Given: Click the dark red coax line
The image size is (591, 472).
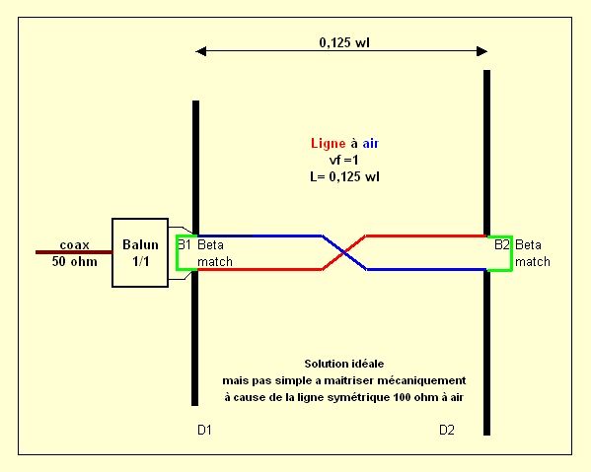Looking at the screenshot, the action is (74, 252).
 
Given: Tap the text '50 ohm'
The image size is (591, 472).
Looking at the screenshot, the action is (75, 261).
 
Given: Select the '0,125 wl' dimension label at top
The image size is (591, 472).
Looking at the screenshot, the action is (344, 42).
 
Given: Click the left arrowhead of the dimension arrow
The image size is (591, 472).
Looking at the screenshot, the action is (201, 51).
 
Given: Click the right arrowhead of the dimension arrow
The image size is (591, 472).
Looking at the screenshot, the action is (482, 51).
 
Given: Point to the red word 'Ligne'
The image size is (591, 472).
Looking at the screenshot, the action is (328, 144).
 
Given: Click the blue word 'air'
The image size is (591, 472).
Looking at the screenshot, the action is (371, 144).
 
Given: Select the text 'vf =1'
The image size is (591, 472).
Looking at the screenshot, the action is (343, 160).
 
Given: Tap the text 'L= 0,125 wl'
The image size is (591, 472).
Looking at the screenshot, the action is (344, 176).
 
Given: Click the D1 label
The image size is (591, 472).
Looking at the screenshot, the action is (204, 430).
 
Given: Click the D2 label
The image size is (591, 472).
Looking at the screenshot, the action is (447, 430).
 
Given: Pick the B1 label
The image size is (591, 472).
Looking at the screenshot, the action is (185, 245).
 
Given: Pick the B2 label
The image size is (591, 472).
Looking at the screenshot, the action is (501, 245).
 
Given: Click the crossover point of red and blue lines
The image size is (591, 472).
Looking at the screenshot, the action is (343, 252).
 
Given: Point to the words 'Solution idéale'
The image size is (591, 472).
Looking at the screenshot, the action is (344, 364).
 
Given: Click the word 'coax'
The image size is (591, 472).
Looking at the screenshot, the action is (75, 245).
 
